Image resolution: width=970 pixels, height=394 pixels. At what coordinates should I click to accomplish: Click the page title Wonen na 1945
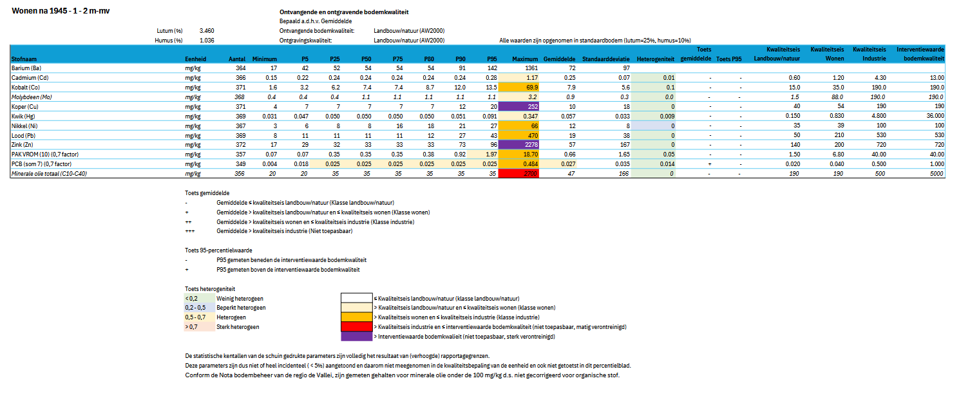pos(61,12)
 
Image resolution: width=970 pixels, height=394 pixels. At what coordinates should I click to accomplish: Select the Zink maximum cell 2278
pos(519,145)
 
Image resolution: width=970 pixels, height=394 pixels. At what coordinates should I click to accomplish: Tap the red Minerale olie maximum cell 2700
pos(519,174)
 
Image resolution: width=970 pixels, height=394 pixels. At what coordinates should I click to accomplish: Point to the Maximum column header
pos(525,59)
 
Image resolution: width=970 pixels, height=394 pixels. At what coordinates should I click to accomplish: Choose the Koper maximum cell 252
pos(519,106)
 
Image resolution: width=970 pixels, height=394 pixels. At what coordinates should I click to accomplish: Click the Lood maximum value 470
pos(519,135)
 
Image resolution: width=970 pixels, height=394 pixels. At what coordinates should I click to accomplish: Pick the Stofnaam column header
pos(24,59)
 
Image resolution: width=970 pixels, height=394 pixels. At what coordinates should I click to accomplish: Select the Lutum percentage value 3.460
pos(207,30)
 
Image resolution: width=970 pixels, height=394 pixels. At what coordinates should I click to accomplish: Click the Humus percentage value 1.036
pos(207,40)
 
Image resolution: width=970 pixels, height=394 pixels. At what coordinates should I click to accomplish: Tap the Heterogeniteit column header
pos(655,59)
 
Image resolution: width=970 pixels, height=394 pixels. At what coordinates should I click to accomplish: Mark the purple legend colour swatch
pos(357,336)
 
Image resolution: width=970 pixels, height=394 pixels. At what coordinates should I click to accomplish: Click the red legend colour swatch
pos(357,326)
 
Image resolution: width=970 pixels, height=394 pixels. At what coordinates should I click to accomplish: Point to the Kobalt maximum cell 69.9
pos(519,87)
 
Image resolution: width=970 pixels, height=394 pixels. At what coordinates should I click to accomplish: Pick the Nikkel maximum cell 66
pos(519,126)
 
